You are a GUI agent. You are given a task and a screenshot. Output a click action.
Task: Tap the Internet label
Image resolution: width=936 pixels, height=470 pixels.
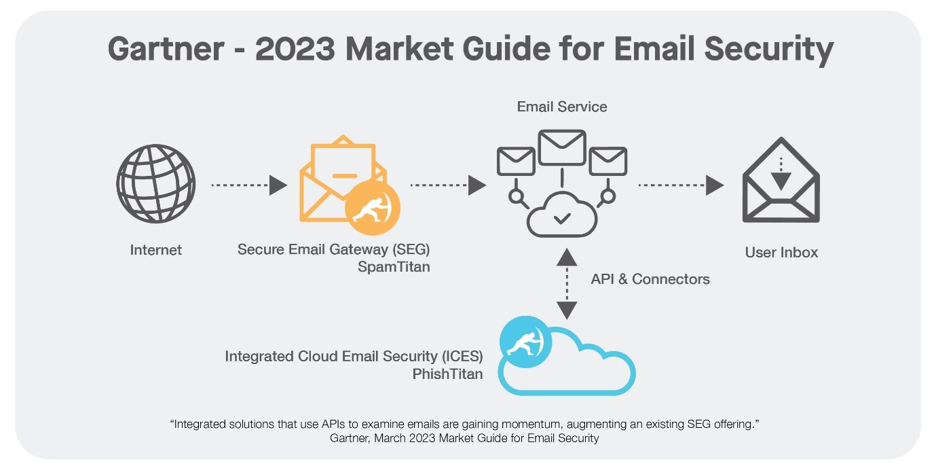coord(156,250)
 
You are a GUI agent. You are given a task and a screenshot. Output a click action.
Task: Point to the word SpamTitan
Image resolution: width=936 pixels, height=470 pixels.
coord(394,267)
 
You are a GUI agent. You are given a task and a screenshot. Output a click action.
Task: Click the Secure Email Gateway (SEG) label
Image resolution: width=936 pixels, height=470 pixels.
coord(333,249)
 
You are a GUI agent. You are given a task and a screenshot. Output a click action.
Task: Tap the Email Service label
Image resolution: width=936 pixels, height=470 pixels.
coord(561,107)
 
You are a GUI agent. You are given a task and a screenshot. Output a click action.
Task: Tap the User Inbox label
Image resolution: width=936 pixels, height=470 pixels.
coord(781,253)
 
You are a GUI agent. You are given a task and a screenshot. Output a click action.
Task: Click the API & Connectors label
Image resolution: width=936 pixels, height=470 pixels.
coord(650,279)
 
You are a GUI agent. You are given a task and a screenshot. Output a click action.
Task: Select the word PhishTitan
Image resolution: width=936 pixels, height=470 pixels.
coord(447,374)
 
